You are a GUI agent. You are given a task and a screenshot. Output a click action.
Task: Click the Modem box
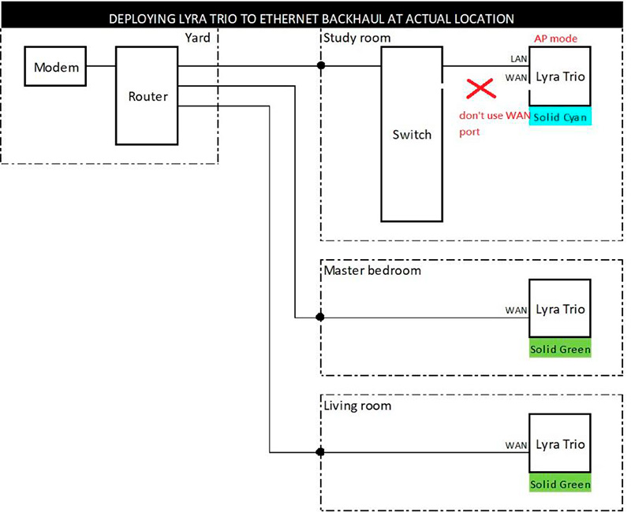tap(57, 67)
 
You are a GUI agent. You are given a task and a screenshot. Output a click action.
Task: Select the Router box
tap(148, 95)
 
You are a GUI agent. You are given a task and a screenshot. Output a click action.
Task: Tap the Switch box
tap(412, 134)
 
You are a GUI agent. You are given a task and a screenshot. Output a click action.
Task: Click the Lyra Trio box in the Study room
tap(560, 76)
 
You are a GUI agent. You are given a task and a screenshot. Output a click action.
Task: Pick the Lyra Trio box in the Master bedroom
tap(560, 310)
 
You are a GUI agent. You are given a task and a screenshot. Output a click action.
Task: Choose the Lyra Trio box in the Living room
tap(560, 443)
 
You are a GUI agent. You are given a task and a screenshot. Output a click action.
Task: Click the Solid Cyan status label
tap(560, 117)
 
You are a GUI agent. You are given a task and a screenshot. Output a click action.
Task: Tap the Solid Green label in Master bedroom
tap(560, 349)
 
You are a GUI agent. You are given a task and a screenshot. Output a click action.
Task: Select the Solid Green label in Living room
tap(560, 484)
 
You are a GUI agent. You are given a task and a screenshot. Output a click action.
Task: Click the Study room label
tap(357, 38)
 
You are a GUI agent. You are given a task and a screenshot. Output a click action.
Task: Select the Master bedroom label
tap(372, 270)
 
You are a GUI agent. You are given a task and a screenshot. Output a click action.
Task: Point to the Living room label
tap(357, 406)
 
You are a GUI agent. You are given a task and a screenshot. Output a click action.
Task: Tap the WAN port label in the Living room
tap(516, 445)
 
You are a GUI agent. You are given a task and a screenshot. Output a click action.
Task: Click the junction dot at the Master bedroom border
tap(320, 317)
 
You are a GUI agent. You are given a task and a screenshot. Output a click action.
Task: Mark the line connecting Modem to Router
tap(101, 66)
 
